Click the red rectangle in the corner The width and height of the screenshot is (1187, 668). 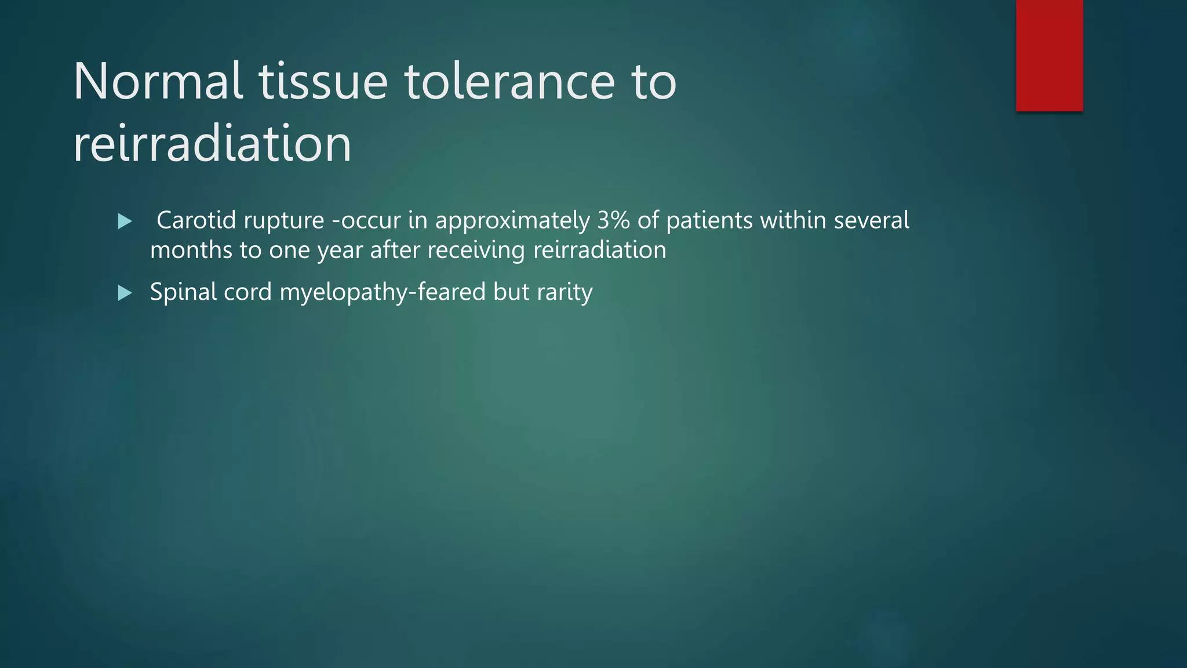pos(1049,56)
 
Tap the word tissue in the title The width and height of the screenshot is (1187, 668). pos(323,82)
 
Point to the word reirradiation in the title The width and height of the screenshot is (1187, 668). pos(212,144)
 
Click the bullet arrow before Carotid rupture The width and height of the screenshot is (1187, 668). pos(125,222)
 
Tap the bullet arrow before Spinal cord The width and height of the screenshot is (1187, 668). pos(125,293)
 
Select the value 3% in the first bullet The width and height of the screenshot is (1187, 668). pos(613,220)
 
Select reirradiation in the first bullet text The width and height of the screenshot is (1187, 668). pos(599,251)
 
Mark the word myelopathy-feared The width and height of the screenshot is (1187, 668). pos(383,293)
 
